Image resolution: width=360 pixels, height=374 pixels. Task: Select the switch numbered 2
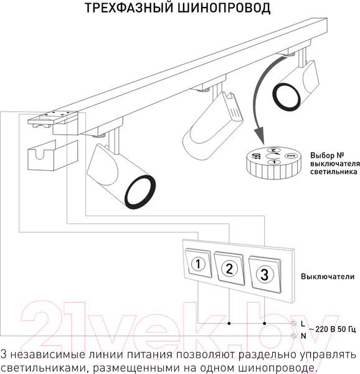coord(230,269)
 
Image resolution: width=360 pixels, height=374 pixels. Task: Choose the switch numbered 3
coord(264,272)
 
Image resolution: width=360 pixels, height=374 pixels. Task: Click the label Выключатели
coord(328,277)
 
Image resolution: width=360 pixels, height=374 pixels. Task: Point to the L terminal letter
coord(303,324)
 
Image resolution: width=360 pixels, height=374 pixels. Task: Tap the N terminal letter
coord(303,336)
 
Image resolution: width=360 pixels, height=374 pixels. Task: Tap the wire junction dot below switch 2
coord(229,324)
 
